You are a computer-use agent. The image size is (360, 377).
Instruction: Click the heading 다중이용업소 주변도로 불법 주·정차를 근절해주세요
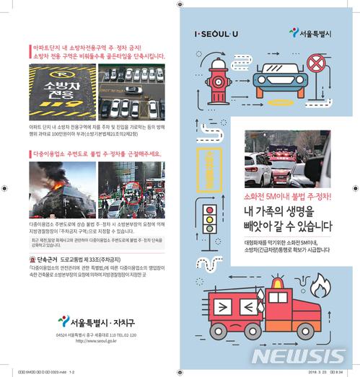click(97, 154)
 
